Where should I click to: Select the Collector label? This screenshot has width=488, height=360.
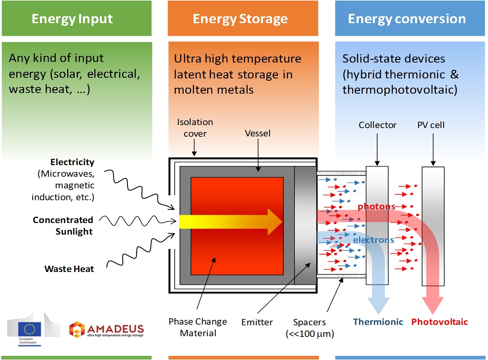click(377, 125)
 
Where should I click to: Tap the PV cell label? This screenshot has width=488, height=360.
click(431, 125)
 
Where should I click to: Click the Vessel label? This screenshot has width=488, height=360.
click(257, 133)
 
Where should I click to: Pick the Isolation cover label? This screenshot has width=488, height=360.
click(195, 128)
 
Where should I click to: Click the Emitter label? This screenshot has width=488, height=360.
click(257, 322)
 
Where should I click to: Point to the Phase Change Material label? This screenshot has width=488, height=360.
click(198, 327)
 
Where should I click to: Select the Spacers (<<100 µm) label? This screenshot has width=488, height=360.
click(310, 328)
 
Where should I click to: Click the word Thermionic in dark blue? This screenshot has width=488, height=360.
click(378, 322)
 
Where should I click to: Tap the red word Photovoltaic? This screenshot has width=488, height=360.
click(439, 322)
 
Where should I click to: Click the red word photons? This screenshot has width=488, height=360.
click(376, 207)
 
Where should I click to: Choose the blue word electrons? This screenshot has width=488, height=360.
click(374, 240)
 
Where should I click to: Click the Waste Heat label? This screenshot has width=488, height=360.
click(69, 269)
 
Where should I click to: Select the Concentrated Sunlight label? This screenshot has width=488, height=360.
click(63, 226)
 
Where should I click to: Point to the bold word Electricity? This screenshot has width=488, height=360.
click(72, 162)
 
